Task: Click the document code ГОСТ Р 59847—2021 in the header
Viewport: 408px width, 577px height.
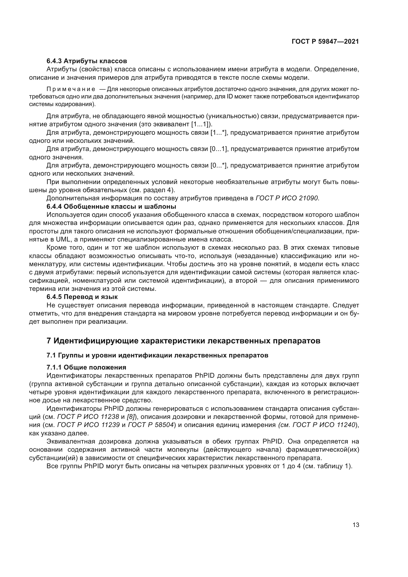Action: click(325, 42)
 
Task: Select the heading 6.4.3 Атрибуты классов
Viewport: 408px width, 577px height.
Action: click(87, 61)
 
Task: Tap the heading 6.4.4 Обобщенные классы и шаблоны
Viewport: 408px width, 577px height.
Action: click(111, 206)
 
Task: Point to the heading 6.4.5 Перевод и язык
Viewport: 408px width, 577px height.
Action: click(82, 297)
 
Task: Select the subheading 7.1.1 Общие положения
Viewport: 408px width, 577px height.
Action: click(86, 367)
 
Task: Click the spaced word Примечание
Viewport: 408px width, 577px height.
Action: click(71, 89)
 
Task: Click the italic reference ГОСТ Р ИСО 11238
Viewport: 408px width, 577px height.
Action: click(88, 417)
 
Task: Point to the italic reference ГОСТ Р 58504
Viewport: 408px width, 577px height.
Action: click(151, 425)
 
